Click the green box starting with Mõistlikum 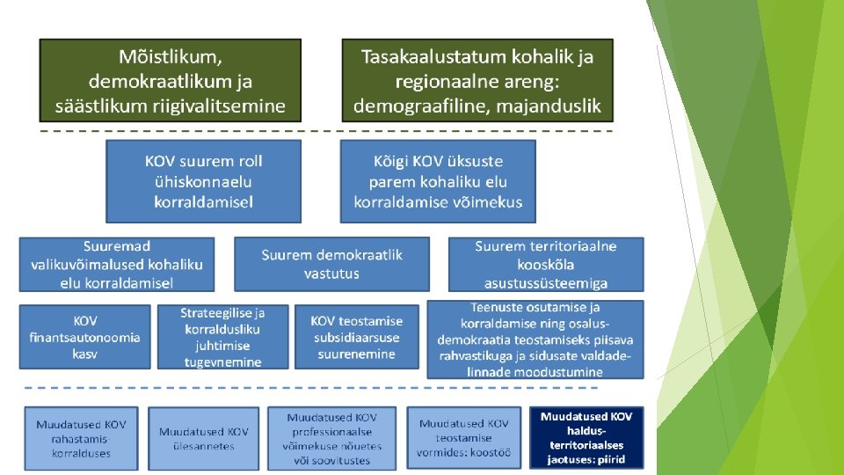pyautogui.click(x=170, y=80)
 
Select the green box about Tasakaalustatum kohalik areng pyautogui.click(x=477, y=80)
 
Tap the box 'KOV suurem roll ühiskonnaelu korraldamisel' pyautogui.click(x=203, y=181)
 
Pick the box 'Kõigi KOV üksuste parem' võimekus pyautogui.click(x=438, y=181)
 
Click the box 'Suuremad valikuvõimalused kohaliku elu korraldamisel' pyautogui.click(x=117, y=264)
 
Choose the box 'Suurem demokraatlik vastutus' pyautogui.click(x=331, y=264)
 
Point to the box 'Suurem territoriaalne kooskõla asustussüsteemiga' pyautogui.click(x=546, y=264)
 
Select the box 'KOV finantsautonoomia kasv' pyautogui.click(x=85, y=337)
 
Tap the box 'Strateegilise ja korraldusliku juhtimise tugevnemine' pyautogui.click(x=222, y=337)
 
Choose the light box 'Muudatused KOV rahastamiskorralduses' pyautogui.click(x=81, y=438)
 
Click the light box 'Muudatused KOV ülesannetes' pyautogui.click(x=203, y=438)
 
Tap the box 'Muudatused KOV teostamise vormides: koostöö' pyautogui.click(x=463, y=438)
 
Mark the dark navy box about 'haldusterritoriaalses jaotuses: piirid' pyautogui.click(x=587, y=438)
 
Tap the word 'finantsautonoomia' pyautogui.click(x=85, y=337)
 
